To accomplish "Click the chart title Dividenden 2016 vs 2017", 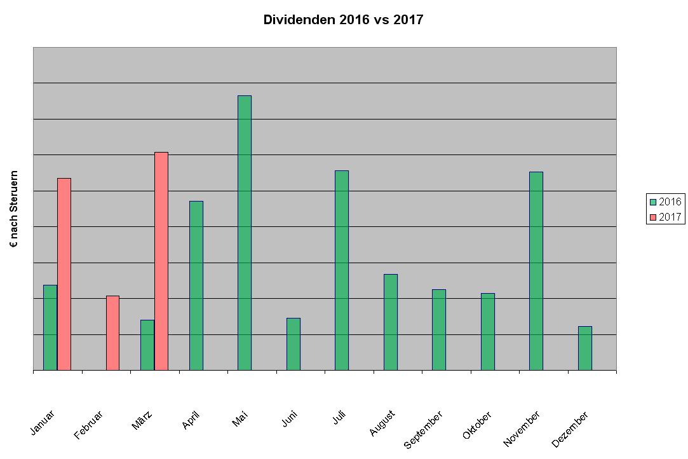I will pos(343,20).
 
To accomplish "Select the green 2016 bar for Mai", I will pos(245,233).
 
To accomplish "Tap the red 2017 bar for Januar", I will pos(64,274).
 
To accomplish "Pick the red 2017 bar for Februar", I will pos(112,332).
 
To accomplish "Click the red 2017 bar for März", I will pos(161,261).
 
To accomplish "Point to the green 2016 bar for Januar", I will pos(50,327).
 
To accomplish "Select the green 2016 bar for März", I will pos(147,345).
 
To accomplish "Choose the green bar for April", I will pos(196,285).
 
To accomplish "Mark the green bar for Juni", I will pos(293,344).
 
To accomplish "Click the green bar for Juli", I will pos(342,270).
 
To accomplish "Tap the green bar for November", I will pos(536,271).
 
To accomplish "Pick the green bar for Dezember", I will pos(585,348).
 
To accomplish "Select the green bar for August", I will pos(391,322).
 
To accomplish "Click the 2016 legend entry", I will pos(665,202).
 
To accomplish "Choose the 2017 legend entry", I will pos(665,217).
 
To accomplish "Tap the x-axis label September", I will pos(424,429).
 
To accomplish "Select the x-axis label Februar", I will pos(89,425).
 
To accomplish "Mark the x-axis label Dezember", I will pos(570,429).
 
